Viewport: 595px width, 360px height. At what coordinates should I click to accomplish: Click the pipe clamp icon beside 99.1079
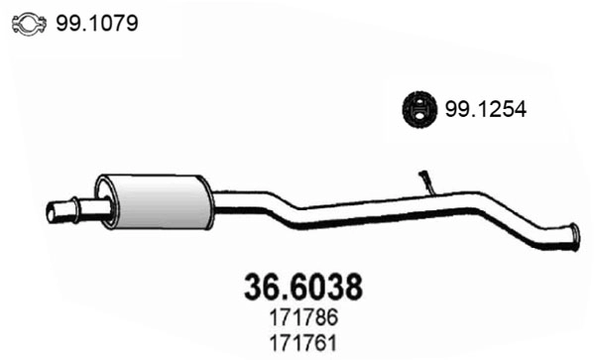[31, 22]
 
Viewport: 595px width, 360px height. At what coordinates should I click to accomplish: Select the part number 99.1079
[97, 22]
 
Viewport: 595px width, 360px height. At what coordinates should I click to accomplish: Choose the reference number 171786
[301, 321]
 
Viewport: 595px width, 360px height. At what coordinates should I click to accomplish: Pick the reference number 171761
[301, 344]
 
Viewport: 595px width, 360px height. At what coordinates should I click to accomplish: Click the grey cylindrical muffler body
[156, 204]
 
